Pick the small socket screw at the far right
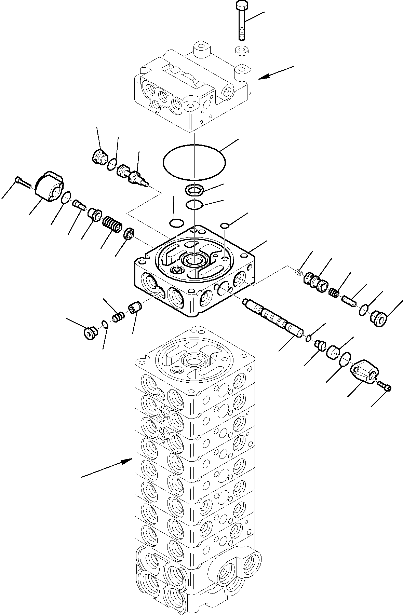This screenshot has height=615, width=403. (x=385, y=386)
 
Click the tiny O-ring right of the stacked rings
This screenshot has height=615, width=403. (x=225, y=225)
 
